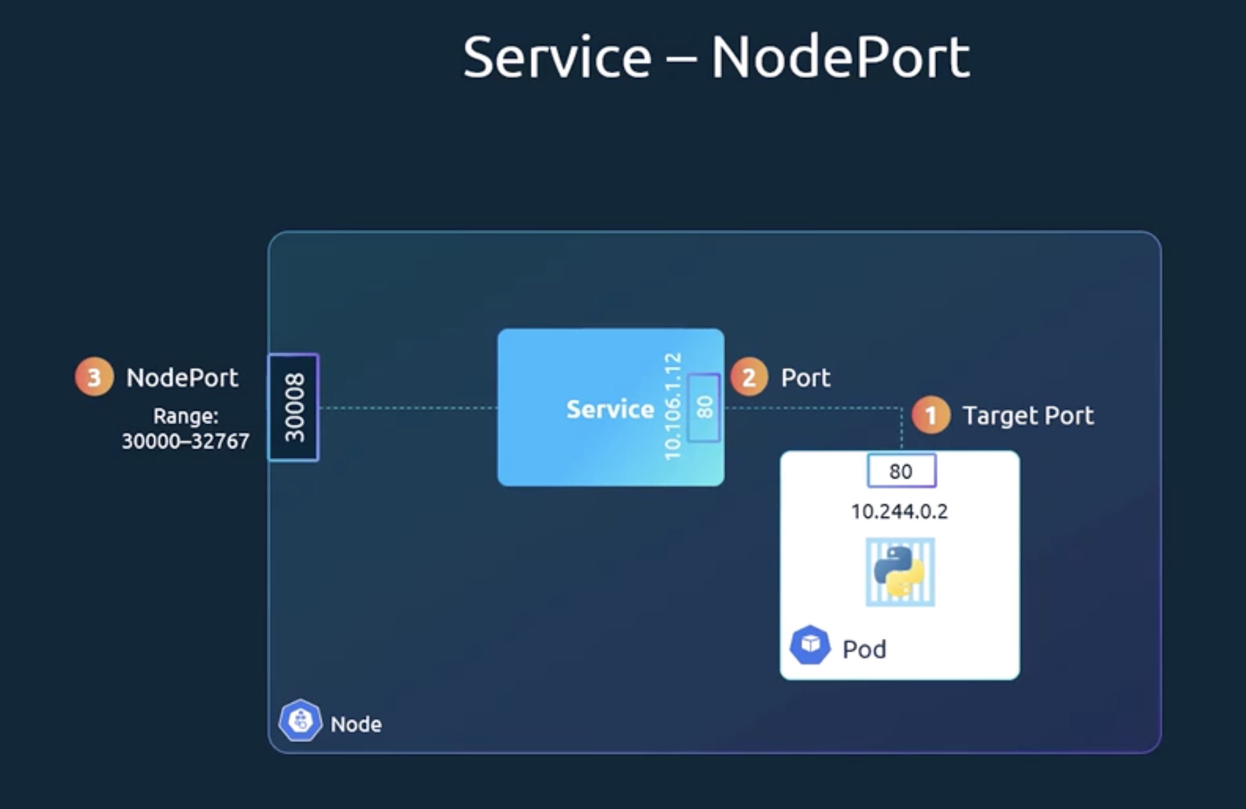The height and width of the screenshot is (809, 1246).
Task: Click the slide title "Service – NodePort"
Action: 716,57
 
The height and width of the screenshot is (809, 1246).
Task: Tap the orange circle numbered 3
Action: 94,377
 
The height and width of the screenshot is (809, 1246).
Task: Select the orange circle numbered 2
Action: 749,377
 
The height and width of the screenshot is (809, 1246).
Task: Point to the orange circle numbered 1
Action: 931,415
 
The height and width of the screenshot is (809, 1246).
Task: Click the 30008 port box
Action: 294,407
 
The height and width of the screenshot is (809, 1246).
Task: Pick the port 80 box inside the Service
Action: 704,407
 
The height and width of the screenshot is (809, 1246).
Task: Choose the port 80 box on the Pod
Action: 901,471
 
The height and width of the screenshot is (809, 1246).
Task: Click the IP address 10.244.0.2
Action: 899,511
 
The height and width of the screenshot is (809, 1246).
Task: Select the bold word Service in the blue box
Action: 610,410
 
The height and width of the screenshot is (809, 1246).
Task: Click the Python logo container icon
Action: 900,572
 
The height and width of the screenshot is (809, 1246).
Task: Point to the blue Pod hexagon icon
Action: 810,645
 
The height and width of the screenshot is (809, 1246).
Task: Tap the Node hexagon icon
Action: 300,721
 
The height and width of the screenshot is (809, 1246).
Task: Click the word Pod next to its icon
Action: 864,650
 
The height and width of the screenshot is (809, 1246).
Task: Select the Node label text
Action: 356,725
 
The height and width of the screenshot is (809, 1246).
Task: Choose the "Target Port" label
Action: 1028,416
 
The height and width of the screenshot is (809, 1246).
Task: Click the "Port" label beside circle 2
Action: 805,378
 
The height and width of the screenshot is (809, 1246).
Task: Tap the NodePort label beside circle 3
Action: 182,378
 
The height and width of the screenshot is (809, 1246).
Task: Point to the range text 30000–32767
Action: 186,441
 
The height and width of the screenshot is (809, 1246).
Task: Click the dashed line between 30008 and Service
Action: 408,408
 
